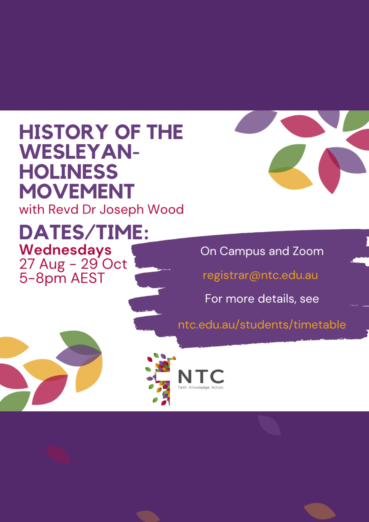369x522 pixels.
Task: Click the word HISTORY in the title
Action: tap(64, 132)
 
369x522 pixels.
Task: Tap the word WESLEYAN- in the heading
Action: tap(79, 152)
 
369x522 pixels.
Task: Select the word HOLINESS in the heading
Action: tap(69, 172)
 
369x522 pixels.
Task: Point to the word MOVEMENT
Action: tap(77, 191)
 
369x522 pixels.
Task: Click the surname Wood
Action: tap(166, 209)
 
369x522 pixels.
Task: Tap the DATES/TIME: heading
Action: tap(84, 232)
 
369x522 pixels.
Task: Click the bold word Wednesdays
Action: tap(66, 250)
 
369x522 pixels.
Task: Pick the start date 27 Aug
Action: tap(42, 264)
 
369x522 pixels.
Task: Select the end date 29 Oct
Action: tap(104, 264)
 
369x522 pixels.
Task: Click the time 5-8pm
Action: tap(43, 278)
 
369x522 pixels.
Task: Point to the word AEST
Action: tap(88, 278)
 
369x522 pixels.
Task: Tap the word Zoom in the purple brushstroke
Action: tap(308, 251)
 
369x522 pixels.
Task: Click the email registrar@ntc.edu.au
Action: tap(260, 275)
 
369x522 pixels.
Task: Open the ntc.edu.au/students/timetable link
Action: tap(262, 325)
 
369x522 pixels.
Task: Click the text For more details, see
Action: tap(262, 299)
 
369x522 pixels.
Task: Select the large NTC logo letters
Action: tap(201, 376)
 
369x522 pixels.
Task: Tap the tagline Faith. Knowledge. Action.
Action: tap(201, 388)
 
